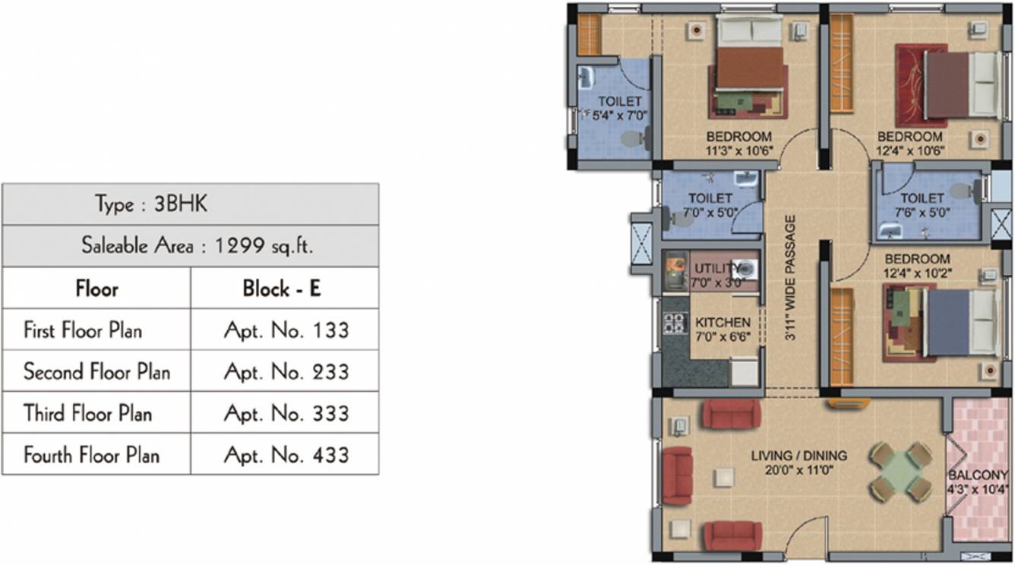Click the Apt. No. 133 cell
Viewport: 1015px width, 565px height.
point(286,330)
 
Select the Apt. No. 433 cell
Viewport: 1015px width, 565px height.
point(286,455)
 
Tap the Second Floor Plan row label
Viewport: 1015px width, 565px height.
point(96,372)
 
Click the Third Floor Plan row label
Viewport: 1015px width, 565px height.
point(87,413)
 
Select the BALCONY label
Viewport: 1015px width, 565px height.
point(978,482)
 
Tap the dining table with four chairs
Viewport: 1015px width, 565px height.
point(900,472)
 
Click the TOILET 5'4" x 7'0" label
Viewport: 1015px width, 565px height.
point(619,108)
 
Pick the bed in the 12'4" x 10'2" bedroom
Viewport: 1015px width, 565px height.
point(960,322)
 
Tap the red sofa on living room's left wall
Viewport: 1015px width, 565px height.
point(677,476)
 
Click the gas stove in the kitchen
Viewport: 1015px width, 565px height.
point(673,323)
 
